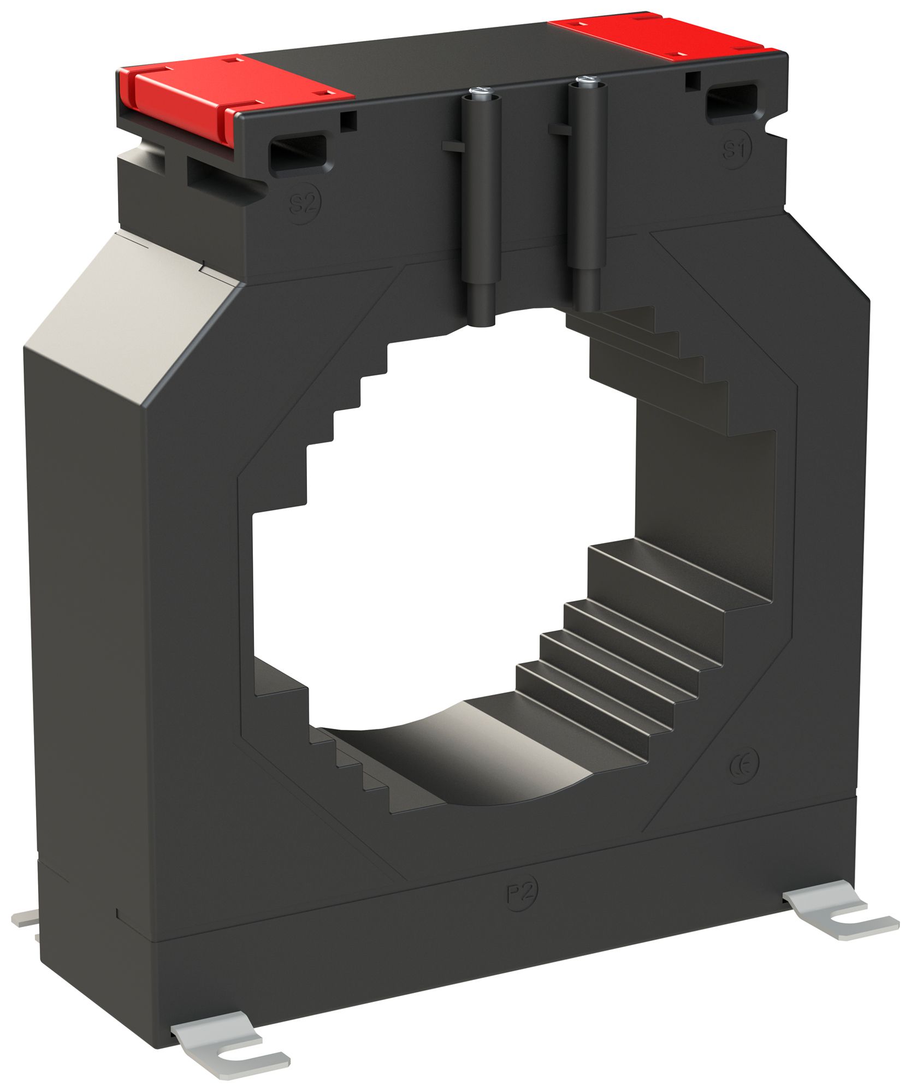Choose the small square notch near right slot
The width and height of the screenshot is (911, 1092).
692,79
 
